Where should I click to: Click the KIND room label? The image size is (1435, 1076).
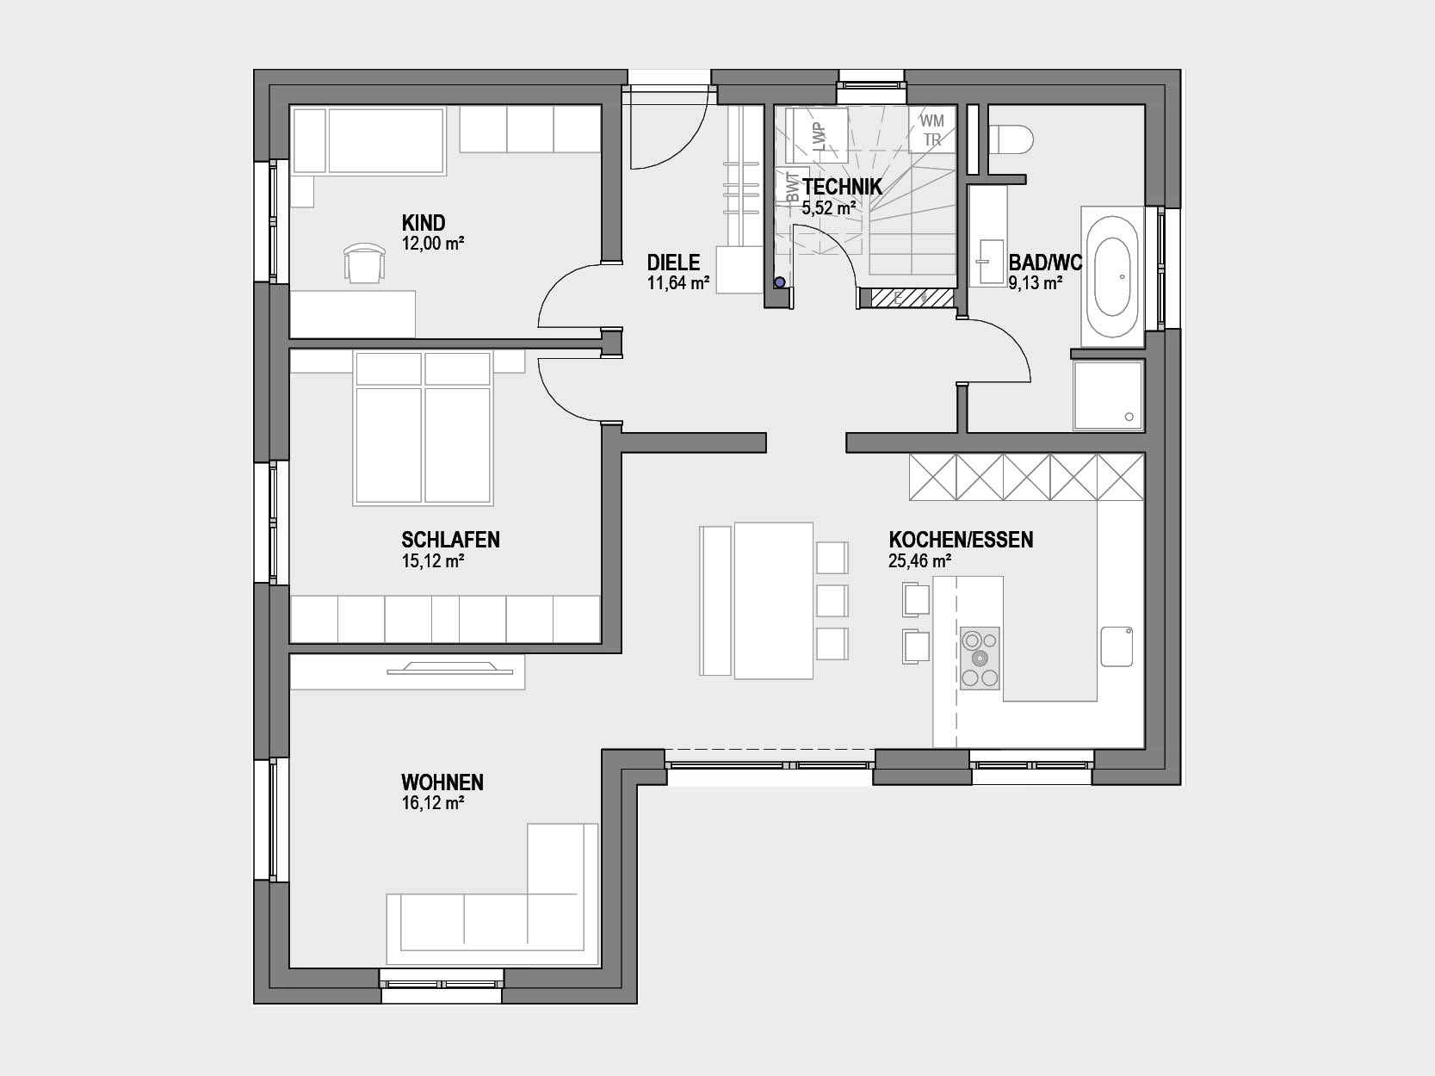tap(424, 223)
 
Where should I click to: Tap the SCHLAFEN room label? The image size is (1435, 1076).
tap(450, 540)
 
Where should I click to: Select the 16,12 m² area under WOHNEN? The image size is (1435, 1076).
tap(433, 803)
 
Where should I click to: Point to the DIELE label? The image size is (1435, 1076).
tap(673, 263)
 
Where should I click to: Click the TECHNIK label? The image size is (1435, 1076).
tap(842, 187)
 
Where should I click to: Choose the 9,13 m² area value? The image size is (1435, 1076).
tap(1035, 283)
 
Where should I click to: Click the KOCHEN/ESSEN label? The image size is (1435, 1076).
tap(961, 540)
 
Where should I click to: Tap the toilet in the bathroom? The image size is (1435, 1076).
tap(1011, 140)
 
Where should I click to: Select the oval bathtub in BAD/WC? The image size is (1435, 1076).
tap(1112, 276)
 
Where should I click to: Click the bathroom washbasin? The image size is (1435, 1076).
tap(991, 262)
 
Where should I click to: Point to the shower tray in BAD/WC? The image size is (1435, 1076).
tap(1108, 395)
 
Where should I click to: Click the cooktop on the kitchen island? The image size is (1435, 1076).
tap(980, 659)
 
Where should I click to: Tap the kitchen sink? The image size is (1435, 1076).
tap(1116, 646)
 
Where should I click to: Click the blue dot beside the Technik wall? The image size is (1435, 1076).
tap(779, 282)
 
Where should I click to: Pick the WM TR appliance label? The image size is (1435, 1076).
tap(931, 130)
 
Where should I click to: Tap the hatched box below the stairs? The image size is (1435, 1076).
tap(912, 298)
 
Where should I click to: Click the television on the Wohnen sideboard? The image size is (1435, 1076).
tap(450, 667)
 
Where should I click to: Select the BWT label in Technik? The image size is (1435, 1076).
tap(792, 188)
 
